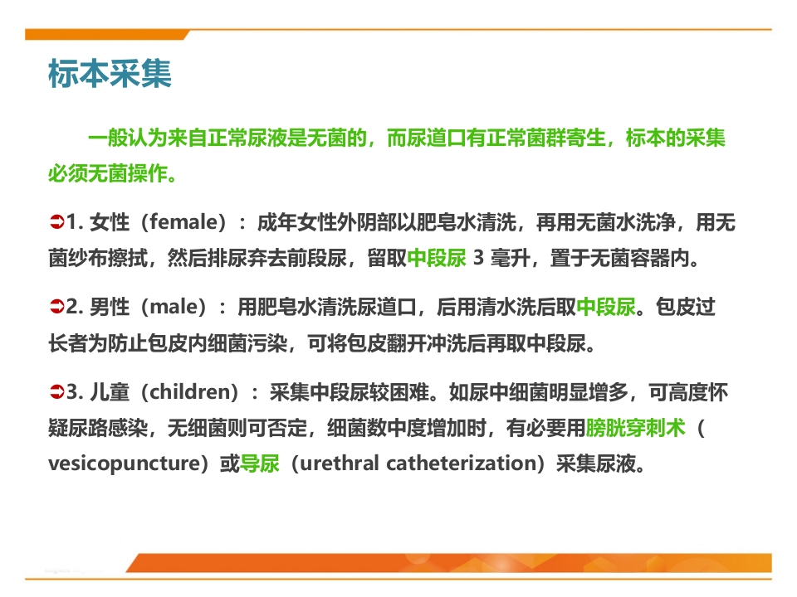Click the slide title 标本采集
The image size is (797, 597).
click(110, 74)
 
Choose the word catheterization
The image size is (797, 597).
click(458, 463)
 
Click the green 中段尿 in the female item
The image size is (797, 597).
click(437, 258)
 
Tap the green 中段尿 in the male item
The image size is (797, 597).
click(606, 307)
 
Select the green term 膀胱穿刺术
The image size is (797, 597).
click(635, 428)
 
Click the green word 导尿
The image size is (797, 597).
click(259, 463)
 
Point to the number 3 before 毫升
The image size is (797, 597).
click(478, 257)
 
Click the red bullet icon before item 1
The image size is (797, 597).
click(56, 222)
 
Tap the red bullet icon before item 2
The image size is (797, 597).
click(56, 307)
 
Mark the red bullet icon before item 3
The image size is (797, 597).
click(56, 391)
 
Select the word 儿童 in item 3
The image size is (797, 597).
click(110, 391)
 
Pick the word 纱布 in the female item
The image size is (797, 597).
click(88, 258)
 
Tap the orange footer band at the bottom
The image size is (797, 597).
click(449, 563)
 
